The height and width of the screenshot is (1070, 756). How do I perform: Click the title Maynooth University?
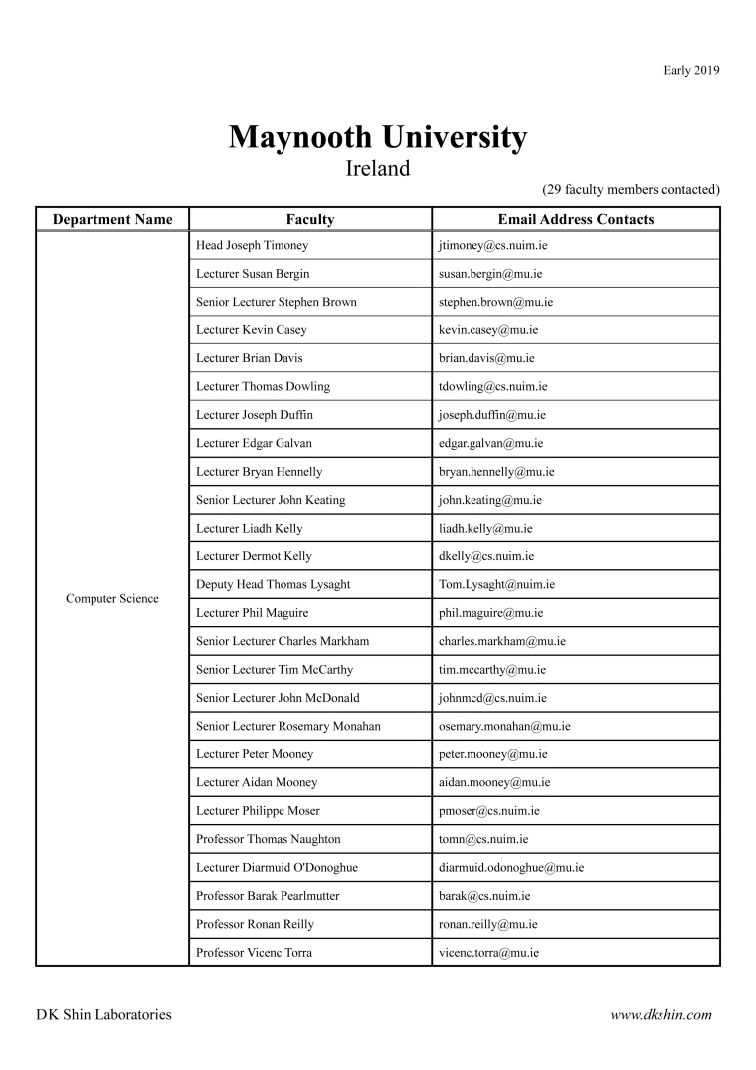point(378,137)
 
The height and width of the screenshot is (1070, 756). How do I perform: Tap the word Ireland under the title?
point(378,168)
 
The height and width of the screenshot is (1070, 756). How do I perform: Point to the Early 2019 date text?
point(691,70)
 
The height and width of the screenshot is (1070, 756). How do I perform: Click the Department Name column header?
point(112,219)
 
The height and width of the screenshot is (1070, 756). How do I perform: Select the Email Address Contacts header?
point(576,219)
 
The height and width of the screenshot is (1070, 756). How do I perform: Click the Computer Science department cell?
point(112,598)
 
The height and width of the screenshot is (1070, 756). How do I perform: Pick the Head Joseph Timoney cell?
point(253,245)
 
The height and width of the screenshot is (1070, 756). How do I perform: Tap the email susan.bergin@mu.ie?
point(490,273)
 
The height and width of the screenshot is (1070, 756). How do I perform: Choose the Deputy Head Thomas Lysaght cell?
point(274,584)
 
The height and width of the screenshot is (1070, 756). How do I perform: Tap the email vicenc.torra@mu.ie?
point(488,953)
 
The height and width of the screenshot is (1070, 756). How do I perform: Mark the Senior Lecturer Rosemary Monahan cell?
point(288,726)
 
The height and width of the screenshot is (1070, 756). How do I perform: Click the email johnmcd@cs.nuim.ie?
point(492,698)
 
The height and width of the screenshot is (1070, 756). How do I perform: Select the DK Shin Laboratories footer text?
point(103,1015)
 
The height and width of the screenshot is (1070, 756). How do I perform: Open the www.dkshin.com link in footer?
point(661,1015)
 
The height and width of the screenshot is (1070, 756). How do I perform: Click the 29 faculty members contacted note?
point(631,189)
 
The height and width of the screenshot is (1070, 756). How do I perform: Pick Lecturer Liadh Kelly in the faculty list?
point(250,528)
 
